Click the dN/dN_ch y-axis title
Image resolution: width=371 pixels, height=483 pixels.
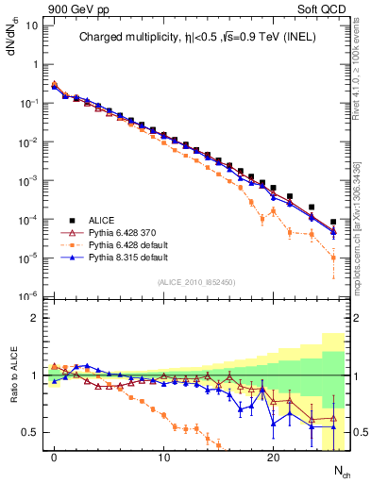click(x=14, y=42)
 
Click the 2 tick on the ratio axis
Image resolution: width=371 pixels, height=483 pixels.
click(x=36, y=318)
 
